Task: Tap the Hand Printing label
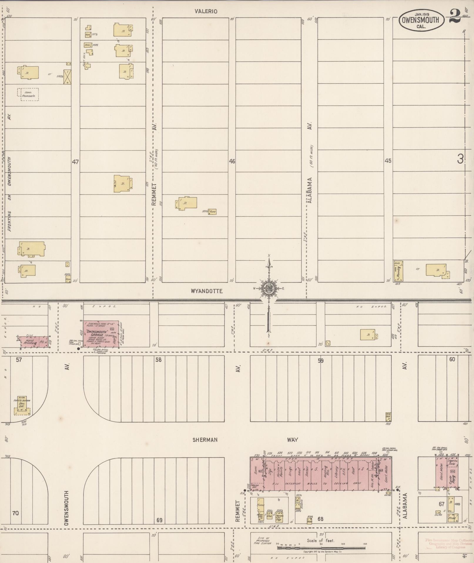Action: (x=30, y=342)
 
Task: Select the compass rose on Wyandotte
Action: (x=269, y=289)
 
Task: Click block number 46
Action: (x=232, y=161)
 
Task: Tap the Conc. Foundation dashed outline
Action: (x=28, y=94)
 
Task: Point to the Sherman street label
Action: (x=205, y=440)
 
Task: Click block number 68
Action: (x=320, y=519)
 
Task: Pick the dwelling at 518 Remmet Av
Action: (x=186, y=203)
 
